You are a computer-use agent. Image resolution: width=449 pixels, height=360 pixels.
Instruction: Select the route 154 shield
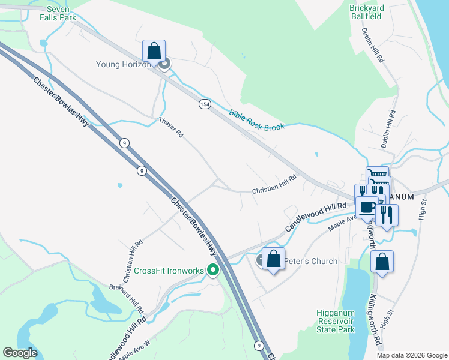[x=205, y=104]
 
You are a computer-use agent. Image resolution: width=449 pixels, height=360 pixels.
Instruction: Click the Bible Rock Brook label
[x=255, y=120]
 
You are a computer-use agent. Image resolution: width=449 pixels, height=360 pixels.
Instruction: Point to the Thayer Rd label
[x=170, y=127]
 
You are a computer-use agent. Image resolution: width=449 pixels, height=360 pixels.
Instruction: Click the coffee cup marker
[x=367, y=208]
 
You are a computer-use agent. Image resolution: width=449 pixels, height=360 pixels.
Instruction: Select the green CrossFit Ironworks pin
[x=212, y=271]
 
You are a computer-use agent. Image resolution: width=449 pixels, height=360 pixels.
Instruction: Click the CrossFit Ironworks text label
[x=169, y=271]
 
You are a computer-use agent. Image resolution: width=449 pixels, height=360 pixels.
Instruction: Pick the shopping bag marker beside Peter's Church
[x=273, y=260]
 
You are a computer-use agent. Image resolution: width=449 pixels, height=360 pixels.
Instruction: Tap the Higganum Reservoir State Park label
[x=336, y=321]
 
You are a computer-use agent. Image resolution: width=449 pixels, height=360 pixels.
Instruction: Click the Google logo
[x=20, y=353]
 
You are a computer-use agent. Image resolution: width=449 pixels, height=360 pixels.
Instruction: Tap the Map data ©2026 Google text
[x=411, y=355]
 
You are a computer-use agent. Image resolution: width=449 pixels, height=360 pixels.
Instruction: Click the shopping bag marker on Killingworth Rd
[x=382, y=262]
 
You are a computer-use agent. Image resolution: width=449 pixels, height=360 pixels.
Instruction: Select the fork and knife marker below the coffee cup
[x=387, y=215]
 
